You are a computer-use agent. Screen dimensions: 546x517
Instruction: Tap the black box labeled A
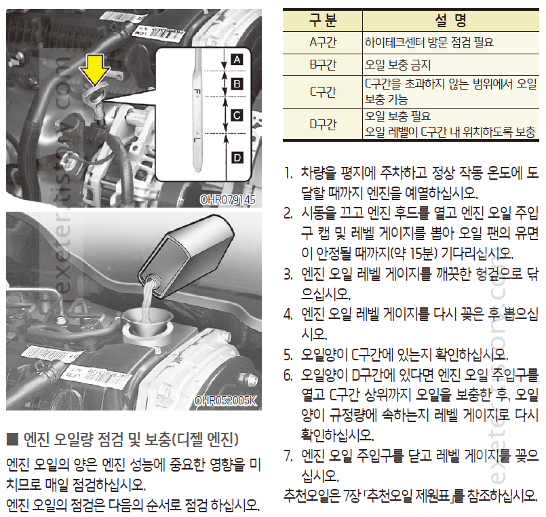[237, 60]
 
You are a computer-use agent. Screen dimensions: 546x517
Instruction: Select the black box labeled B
[237, 84]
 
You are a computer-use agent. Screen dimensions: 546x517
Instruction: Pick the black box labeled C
[237, 115]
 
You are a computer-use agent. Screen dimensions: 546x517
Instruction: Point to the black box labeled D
[237, 158]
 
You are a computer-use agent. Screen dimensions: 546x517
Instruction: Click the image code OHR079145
[228, 199]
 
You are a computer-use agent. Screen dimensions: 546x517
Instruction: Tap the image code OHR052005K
[226, 400]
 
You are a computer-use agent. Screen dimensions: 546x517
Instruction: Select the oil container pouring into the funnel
[185, 256]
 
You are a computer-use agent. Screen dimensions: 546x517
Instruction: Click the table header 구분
[323, 20]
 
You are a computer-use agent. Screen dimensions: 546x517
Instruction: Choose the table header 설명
[450, 20]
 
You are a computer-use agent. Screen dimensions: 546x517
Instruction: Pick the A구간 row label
[323, 43]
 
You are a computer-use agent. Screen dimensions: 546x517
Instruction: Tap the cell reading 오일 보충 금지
[397, 65]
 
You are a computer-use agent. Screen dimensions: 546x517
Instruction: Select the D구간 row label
[323, 124]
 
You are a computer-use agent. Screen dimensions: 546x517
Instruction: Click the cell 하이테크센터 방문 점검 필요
[429, 43]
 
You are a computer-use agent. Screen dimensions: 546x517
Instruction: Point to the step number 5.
[288, 355]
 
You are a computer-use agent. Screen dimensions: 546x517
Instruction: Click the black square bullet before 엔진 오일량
[12, 439]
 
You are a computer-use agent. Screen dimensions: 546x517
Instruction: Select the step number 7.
[288, 456]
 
